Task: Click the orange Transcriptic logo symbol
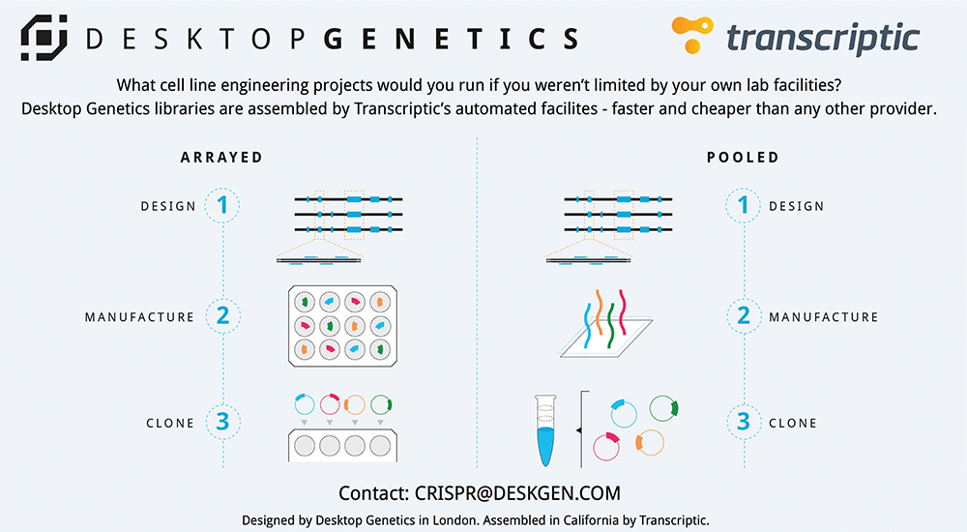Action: [691, 37]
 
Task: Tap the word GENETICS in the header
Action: [451, 39]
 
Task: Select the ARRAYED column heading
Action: [221, 158]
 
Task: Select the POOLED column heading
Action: [742, 158]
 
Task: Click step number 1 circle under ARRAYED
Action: [222, 205]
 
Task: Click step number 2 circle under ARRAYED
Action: [222, 316]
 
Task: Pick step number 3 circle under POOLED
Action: [744, 422]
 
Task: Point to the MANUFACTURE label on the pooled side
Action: [823, 317]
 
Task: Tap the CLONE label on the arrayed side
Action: [170, 423]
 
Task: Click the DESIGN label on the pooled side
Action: [796, 206]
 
